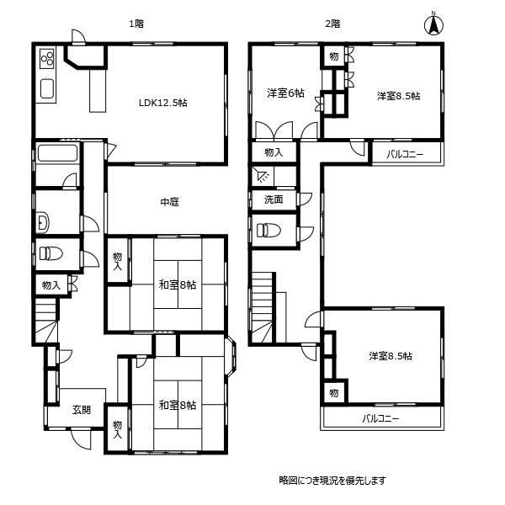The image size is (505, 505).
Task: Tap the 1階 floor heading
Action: (x=136, y=24)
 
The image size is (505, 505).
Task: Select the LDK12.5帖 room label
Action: (x=163, y=102)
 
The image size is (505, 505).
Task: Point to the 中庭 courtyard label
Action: (x=169, y=202)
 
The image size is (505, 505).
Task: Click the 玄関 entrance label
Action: (x=81, y=410)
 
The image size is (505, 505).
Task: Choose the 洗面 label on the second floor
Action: (x=274, y=200)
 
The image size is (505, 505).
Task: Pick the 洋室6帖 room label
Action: (x=286, y=93)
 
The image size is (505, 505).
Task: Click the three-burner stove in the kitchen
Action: (x=46, y=58)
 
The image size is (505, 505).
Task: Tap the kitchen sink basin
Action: (x=46, y=88)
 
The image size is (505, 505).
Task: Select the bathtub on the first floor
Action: (x=57, y=154)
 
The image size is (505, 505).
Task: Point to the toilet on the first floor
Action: (x=50, y=253)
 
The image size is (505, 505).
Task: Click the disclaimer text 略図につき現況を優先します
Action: (x=332, y=481)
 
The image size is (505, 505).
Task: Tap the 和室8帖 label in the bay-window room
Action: (x=178, y=405)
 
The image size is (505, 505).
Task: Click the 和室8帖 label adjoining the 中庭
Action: (x=178, y=284)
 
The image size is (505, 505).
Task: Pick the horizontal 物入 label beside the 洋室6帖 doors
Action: (x=274, y=152)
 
